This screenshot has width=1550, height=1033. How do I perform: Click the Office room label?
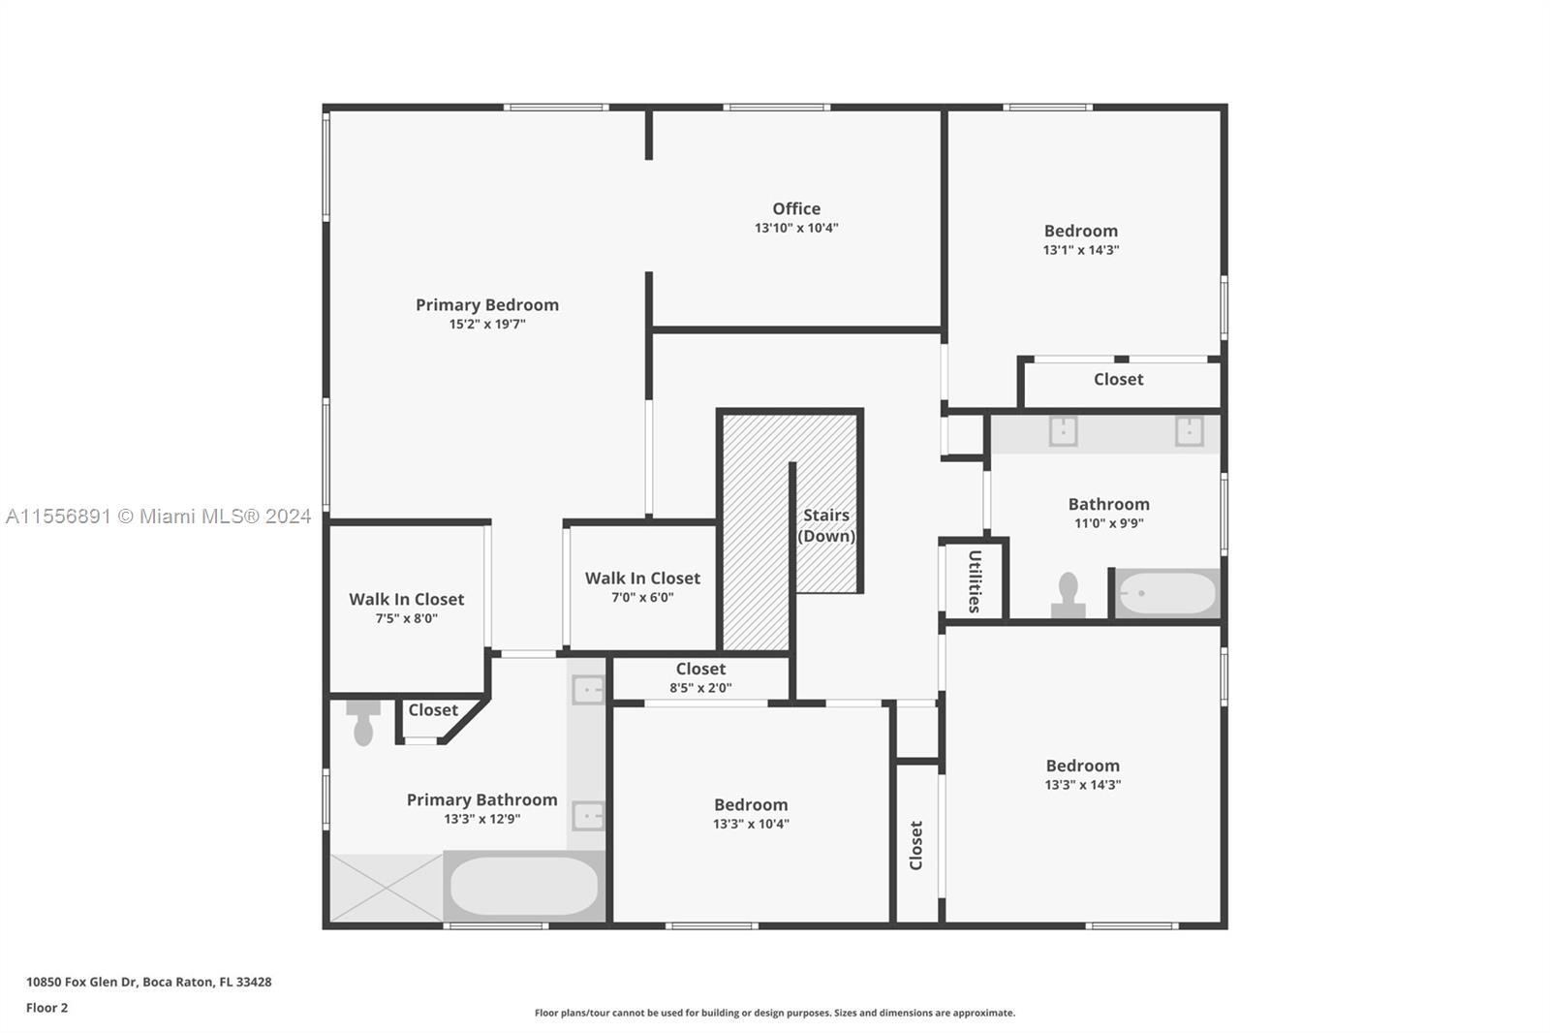[x=796, y=208]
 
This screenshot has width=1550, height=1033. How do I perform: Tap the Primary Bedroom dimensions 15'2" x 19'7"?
[x=487, y=324]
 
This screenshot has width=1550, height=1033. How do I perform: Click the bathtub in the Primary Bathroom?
[x=524, y=887]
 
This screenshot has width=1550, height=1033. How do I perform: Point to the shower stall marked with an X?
[x=387, y=888]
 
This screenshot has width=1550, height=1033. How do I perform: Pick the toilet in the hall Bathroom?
[x=1069, y=595]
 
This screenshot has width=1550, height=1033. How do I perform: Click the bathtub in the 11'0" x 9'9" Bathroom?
[x=1167, y=593]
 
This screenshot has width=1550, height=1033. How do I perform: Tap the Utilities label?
[x=975, y=581]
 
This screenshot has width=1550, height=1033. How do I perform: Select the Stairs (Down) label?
[x=826, y=525]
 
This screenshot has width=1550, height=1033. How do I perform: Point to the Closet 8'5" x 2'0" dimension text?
[x=700, y=687]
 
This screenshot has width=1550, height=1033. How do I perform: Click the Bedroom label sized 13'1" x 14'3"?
[x=1081, y=231]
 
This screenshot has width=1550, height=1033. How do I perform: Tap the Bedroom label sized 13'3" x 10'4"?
[x=751, y=804]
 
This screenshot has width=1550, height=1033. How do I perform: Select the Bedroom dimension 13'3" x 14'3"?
[x=1083, y=785]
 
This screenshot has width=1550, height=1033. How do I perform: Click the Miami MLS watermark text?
[x=159, y=516]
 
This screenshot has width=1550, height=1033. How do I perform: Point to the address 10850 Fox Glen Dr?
[x=81, y=982]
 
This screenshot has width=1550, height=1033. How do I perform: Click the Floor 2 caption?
[x=47, y=1008]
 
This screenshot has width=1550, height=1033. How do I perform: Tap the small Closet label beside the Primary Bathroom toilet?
[x=433, y=709]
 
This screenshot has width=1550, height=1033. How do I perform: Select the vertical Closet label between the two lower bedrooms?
[x=916, y=845]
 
